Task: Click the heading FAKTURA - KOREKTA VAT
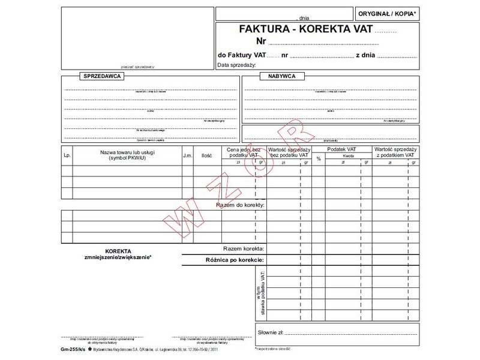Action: click(306, 28)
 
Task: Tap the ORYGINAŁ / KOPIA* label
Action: click(386, 13)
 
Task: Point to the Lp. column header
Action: click(67, 155)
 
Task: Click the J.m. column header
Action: click(187, 155)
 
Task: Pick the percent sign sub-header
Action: click(319, 159)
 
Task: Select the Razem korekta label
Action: click(243, 248)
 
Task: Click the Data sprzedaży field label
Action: click(237, 65)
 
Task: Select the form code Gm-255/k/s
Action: click(73, 349)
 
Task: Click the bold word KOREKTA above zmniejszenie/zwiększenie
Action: click(118, 251)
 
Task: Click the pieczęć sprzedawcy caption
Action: click(137, 67)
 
